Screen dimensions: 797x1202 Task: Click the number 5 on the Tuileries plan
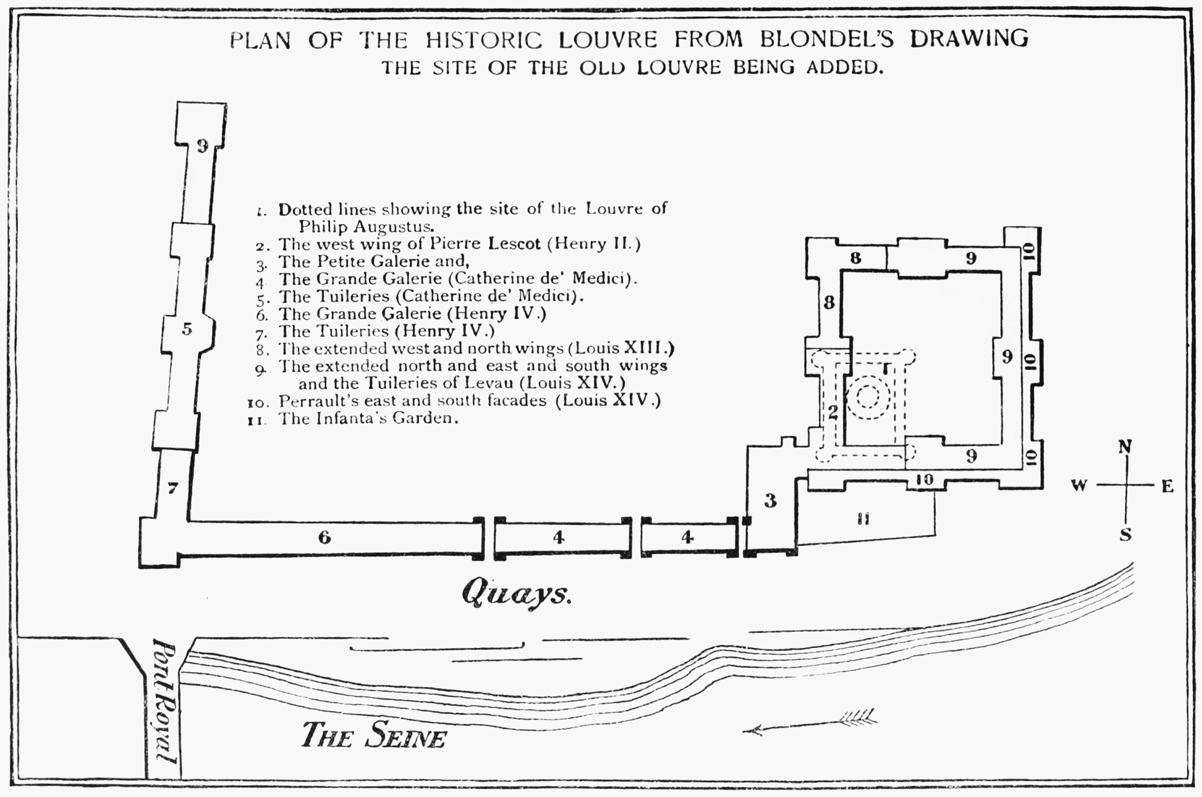click(187, 329)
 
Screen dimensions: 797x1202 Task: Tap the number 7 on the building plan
click(172, 489)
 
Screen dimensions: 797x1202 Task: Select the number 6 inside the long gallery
click(325, 537)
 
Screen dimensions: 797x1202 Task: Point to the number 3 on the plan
click(770, 500)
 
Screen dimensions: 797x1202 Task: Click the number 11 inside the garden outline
click(864, 519)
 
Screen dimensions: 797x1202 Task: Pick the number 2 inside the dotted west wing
click(832, 412)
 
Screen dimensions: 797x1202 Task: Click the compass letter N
click(1125, 447)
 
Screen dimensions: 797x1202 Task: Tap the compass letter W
click(1079, 486)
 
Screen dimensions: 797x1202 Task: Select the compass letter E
click(1168, 486)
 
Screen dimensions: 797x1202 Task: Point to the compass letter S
click(1125, 534)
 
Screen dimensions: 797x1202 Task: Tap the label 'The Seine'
click(373, 734)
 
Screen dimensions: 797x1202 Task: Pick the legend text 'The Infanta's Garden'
click(368, 418)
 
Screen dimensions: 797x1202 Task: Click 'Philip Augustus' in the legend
click(366, 227)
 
